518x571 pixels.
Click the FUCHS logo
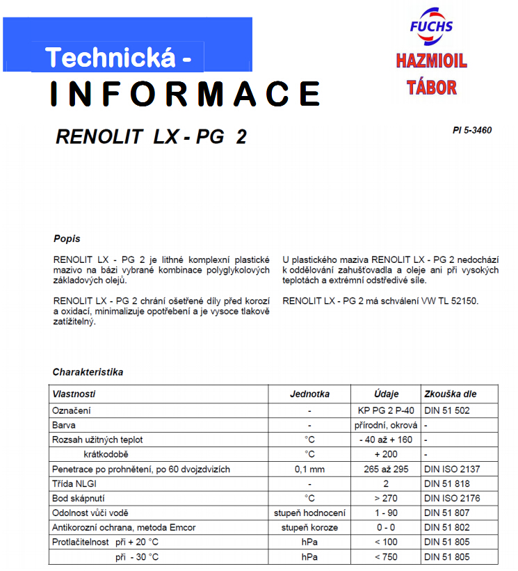click(x=431, y=26)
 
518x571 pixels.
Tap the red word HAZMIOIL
click(x=431, y=61)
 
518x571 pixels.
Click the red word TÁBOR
click(x=432, y=87)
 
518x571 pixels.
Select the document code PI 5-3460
click(x=471, y=130)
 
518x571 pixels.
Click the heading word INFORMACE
click(x=185, y=94)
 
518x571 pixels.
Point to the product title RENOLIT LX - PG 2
click(x=151, y=137)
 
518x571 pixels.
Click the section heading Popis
click(x=67, y=239)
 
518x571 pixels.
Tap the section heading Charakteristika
click(x=88, y=372)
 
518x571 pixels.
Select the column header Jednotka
click(x=309, y=394)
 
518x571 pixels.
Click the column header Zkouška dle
click(x=451, y=394)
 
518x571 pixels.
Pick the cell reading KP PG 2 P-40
click(x=386, y=410)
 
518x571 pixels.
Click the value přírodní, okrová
click(x=386, y=425)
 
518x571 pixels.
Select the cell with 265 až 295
click(x=386, y=469)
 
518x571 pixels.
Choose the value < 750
click(x=386, y=556)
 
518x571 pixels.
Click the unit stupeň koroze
click(x=309, y=527)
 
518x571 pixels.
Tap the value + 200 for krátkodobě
click(x=386, y=454)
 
